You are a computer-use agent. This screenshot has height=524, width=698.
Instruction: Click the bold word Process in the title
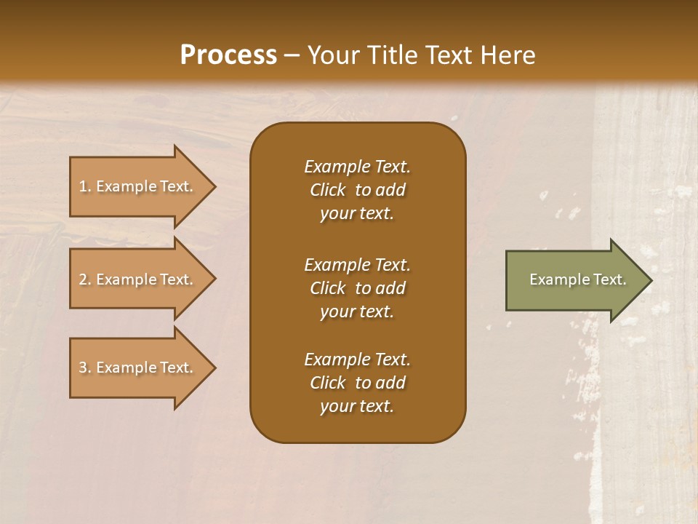coord(228,55)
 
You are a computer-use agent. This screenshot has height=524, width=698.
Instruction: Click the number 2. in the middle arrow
coord(85,279)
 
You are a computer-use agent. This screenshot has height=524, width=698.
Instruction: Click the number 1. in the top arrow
coord(85,186)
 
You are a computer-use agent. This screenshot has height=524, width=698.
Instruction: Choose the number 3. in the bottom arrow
coord(85,368)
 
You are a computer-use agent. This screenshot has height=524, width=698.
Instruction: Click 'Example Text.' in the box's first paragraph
coord(357,167)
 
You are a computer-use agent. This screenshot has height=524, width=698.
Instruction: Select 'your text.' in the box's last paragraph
coord(357,406)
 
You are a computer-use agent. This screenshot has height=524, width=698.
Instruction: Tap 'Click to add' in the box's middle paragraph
coord(357,288)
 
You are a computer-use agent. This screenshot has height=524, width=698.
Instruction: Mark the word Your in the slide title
coord(334,55)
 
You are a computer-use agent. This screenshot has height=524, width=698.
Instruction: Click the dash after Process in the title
coord(292,55)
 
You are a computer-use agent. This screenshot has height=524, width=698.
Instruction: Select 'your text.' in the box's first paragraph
coord(357,213)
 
